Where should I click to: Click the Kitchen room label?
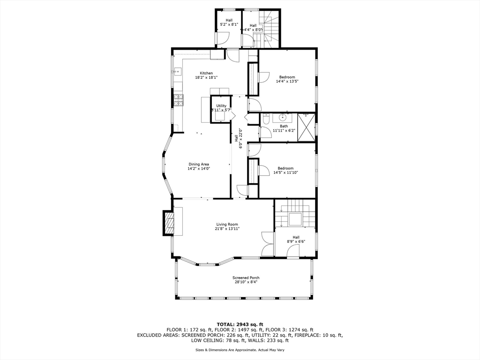206,73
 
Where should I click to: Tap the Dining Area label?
199,164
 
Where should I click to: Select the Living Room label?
227,225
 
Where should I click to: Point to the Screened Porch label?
246,278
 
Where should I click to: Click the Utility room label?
221,106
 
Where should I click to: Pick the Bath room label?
284,126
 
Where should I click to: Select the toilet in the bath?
265,120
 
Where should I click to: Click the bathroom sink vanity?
283,117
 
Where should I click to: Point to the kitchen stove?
178,98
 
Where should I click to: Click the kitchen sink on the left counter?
178,72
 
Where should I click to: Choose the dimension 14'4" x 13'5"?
287,82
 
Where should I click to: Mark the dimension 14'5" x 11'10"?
285,172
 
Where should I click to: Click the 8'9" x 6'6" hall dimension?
296,242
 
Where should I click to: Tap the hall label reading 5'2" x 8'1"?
229,24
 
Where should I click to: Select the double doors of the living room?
268,244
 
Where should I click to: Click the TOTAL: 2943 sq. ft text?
240,324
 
